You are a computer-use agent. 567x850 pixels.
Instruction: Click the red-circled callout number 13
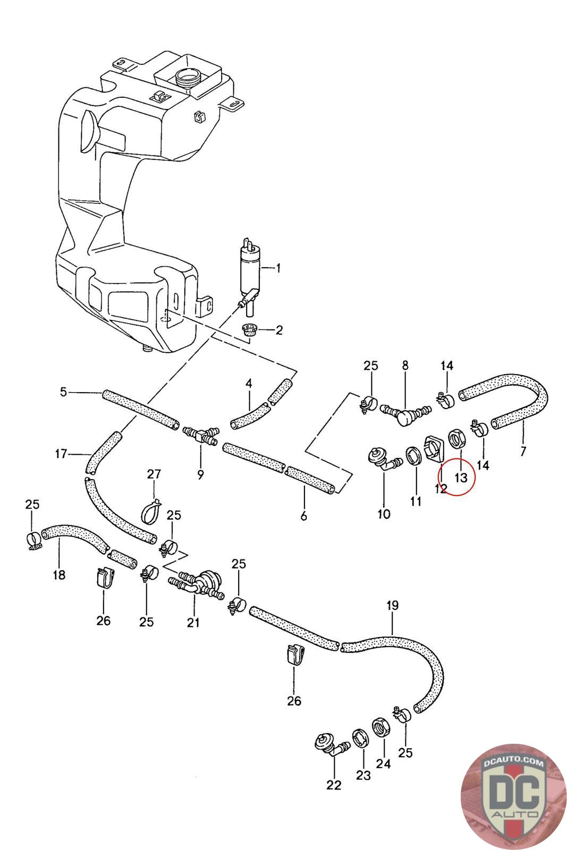(x=461, y=477)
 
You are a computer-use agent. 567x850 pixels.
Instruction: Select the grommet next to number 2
(x=249, y=329)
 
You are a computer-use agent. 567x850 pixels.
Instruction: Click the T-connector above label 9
(x=200, y=435)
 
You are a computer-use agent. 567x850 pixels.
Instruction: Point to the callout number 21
(x=193, y=622)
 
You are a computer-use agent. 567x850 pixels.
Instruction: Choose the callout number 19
(x=393, y=605)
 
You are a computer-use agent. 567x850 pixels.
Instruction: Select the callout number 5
(x=63, y=391)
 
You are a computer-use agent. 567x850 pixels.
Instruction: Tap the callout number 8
(x=405, y=365)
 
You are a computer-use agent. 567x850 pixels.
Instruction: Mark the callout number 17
(x=61, y=454)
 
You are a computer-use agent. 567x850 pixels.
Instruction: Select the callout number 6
(x=303, y=516)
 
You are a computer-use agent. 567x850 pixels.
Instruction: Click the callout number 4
(x=249, y=383)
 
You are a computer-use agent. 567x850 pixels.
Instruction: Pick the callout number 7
(x=523, y=451)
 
